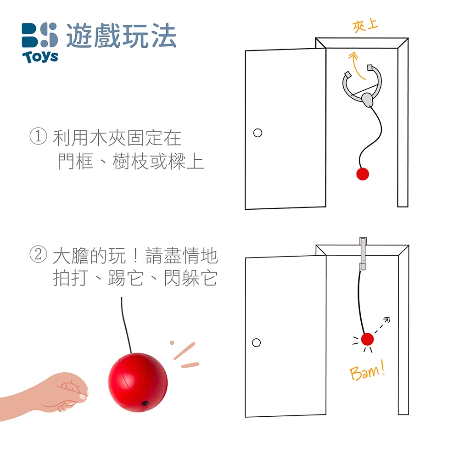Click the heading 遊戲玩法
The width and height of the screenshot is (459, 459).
pyautogui.click(x=121, y=36)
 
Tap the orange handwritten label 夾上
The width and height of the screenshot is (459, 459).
pyautogui.click(x=365, y=26)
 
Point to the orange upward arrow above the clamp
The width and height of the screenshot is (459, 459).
pyautogui.click(x=356, y=65)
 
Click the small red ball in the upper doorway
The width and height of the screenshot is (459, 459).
pyautogui.click(x=363, y=174)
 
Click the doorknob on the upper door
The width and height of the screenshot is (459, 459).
pyautogui.click(x=257, y=133)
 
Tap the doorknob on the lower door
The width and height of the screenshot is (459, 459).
pyautogui.click(x=256, y=342)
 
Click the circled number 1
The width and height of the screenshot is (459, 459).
pyautogui.click(x=38, y=136)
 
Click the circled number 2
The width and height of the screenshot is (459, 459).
pyautogui.click(x=38, y=254)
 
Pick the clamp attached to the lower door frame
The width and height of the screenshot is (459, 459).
pyautogui.click(x=363, y=253)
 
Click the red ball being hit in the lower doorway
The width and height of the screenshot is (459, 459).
pyautogui.click(x=367, y=339)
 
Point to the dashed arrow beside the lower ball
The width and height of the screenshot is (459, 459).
pyautogui.click(x=382, y=325)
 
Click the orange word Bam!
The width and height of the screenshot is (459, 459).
pyautogui.click(x=367, y=370)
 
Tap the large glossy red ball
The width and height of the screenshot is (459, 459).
pyautogui.click(x=138, y=382)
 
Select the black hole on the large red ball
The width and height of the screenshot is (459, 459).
pyautogui.click(x=145, y=403)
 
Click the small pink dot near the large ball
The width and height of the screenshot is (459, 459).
pyautogui.click(x=172, y=343)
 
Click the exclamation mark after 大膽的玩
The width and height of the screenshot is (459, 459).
pyautogui.click(x=135, y=255)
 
